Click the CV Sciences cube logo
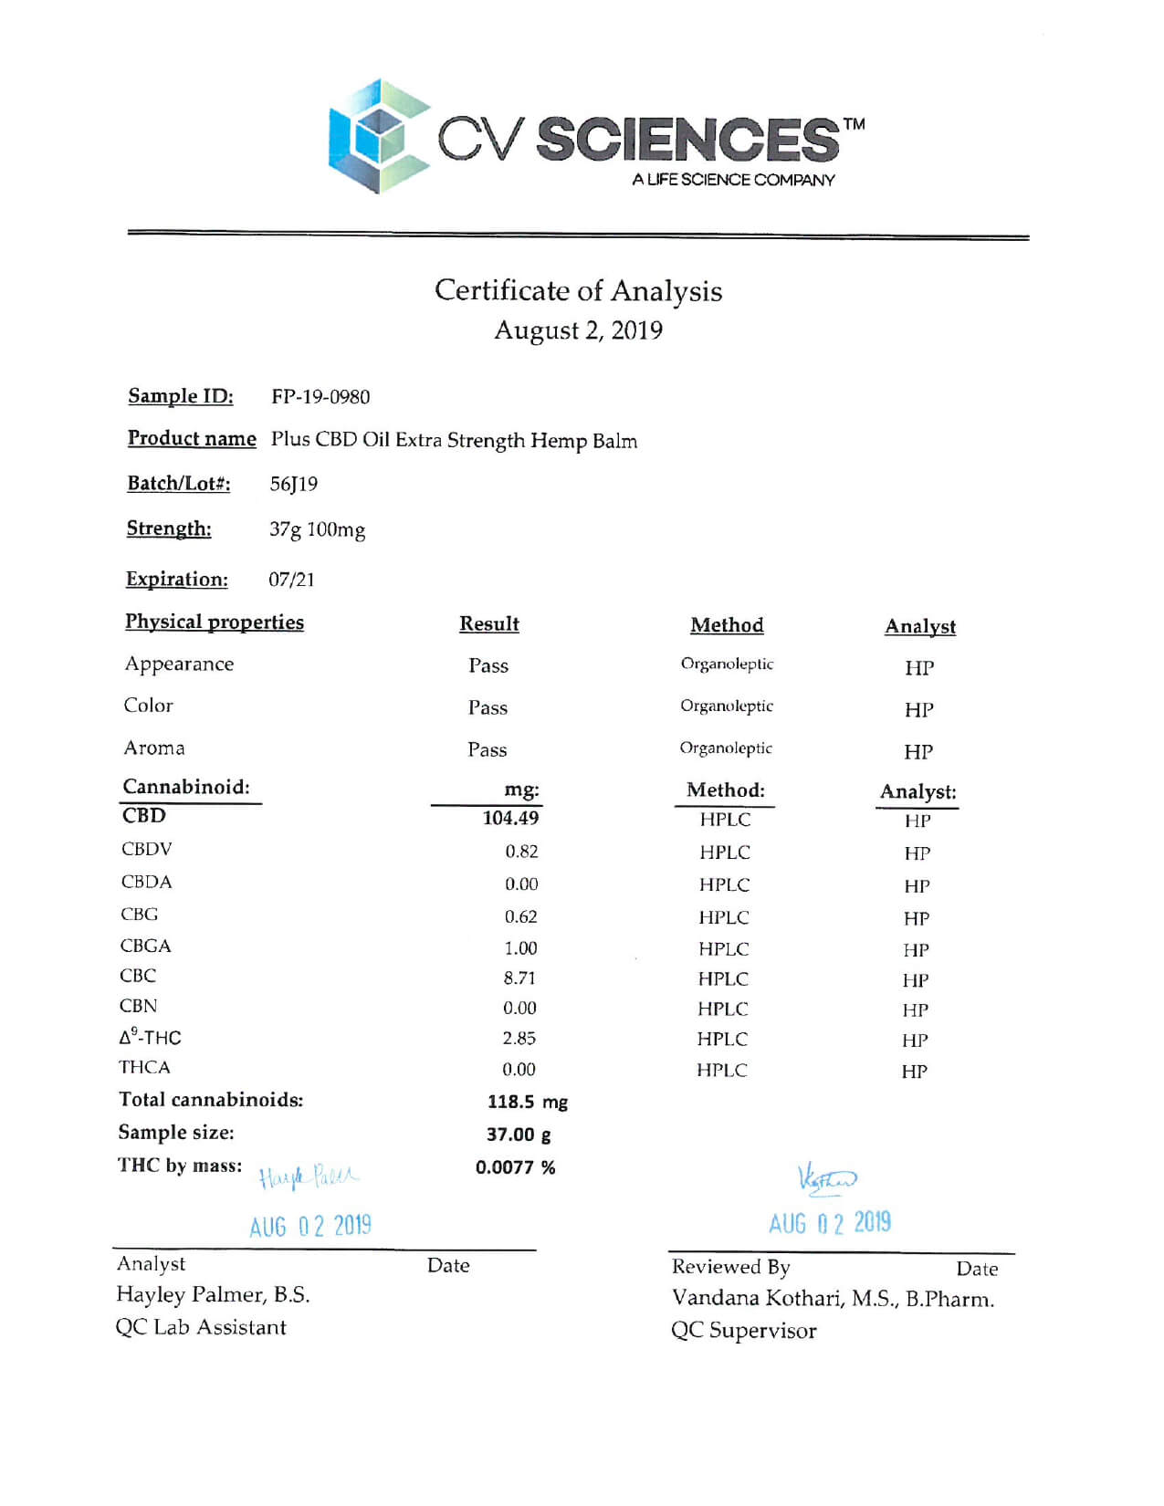[378, 136]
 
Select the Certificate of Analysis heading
[578, 290]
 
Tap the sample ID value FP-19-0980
[320, 397]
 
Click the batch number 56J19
[294, 484]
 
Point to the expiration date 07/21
[291, 579]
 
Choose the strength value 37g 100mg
[317, 529]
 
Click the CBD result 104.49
[510, 818]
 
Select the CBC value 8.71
[519, 978]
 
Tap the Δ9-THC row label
[151, 1037]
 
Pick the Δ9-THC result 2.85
[519, 1038]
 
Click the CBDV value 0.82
[521, 851]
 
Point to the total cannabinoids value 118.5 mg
[527, 1102]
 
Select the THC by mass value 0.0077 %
[515, 1167]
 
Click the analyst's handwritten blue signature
[309, 1177]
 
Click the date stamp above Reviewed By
[829, 1223]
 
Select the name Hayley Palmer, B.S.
[213, 1294]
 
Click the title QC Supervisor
[743, 1331]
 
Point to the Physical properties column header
[215, 622]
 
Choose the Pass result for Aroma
[487, 749]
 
